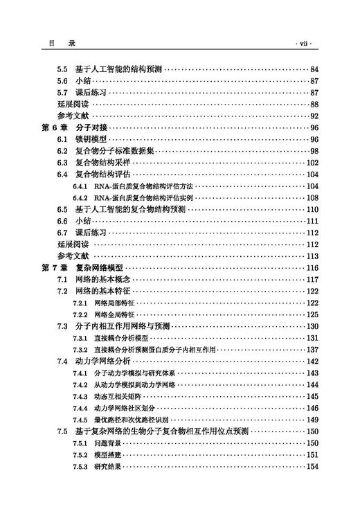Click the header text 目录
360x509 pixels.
55,43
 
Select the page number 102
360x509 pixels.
312,163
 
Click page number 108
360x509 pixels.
312,197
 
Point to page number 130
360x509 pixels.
312,326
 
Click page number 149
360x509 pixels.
312,419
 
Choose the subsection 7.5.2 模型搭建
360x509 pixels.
96,454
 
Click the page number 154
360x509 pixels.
312,466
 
